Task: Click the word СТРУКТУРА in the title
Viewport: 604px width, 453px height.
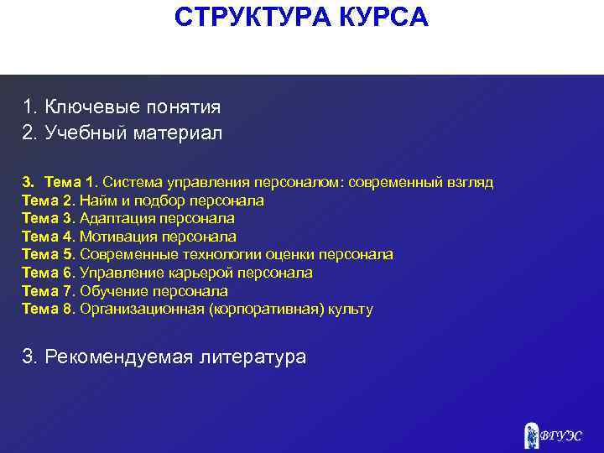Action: pos(252,17)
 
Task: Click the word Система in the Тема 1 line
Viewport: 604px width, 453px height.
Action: pos(128,182)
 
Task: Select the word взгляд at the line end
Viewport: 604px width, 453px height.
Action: pos(471,182)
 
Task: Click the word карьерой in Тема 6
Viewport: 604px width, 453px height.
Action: pos(178,273)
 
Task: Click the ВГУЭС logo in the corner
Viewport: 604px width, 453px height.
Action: pos(553,434)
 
